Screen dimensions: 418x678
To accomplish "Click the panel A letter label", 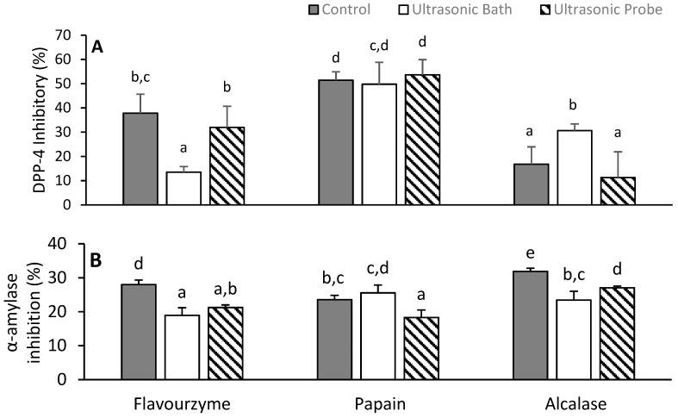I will pyautogui.click(x=99, y=49).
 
